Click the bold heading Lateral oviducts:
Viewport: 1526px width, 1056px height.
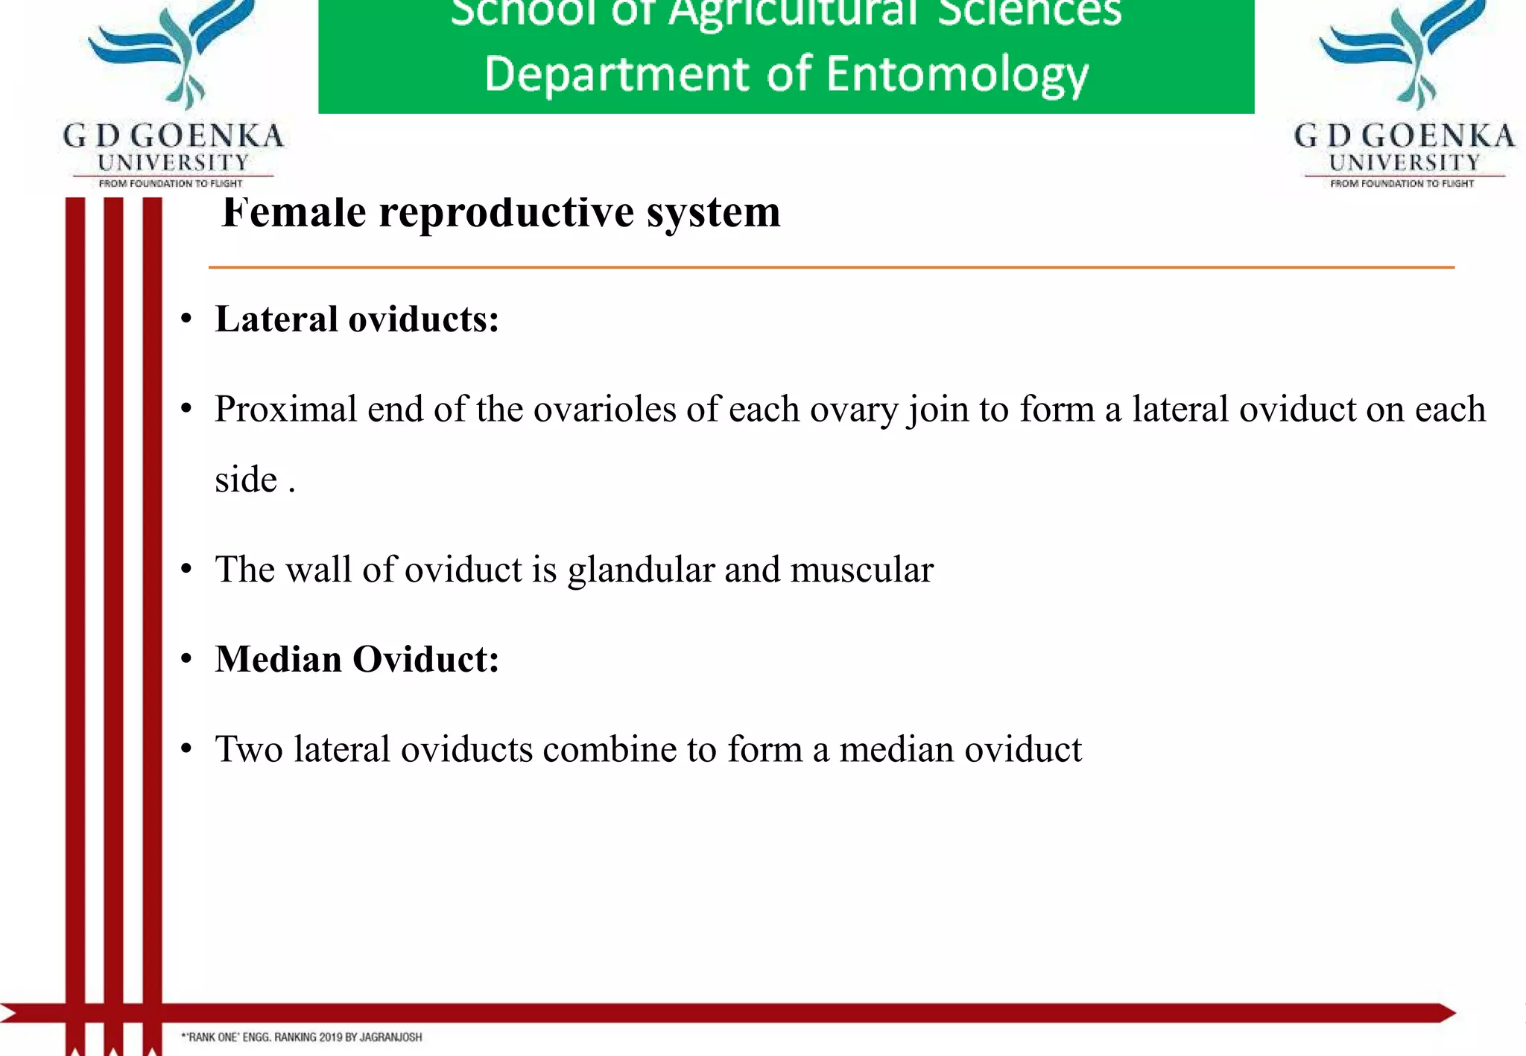click(x=357, y=319)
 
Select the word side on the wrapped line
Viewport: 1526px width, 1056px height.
click(x=246, y=479)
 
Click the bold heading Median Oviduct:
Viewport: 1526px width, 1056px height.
click(x=357, y=659)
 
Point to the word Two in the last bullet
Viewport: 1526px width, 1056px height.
click(x=249, y=749)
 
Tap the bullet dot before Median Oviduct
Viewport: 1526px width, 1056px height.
click(x=186, y=660)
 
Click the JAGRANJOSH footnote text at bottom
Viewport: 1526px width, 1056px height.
click(x=302, y=1037)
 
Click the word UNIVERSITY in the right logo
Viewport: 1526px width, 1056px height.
click(x=1405, y=162)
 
